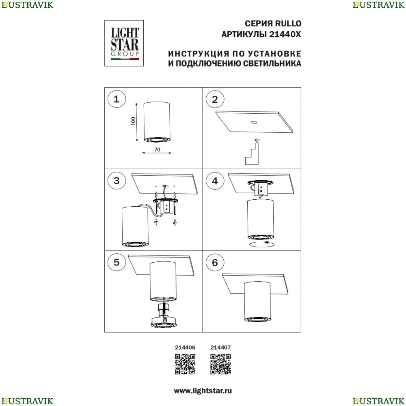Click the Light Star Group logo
tap(124, 43)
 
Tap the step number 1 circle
tap(117, 99)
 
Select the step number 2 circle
tap(215, 99)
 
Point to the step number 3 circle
tap(117, 181)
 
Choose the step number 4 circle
tap(215, 181)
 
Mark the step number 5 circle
tap(117, 262)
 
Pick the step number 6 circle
tap(215, 263)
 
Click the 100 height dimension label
tap(133, 121)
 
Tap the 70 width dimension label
tap(157, 150)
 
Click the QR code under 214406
tap(185, 364)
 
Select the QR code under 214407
tap(220, 364)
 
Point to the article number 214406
tap(185, 348)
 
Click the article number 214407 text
tap(220, 348)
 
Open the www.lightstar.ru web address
tap(203, 391)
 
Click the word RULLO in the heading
tap(288, 24)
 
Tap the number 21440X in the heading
tap(285, 34)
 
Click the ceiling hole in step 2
tap(253, 122)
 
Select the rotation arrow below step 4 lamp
tap(261, 244)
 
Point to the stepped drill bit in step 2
tap(253, 153)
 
